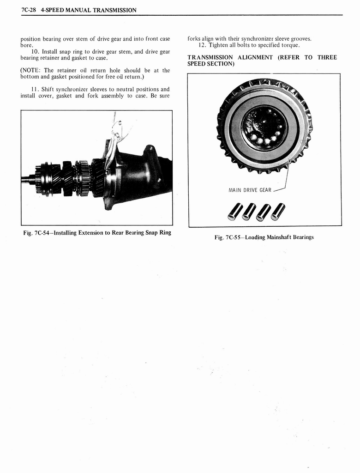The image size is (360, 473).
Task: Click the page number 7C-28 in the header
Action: tap(29, 10)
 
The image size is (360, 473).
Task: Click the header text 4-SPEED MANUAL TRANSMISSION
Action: tap(88, 10)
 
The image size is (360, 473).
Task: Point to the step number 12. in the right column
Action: tap(202, 45)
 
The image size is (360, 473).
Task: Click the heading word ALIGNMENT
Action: tap(253, 57)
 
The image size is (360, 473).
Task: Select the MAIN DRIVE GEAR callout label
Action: tap(250, 190)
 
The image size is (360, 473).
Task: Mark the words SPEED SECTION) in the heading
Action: tap(210, 64)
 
